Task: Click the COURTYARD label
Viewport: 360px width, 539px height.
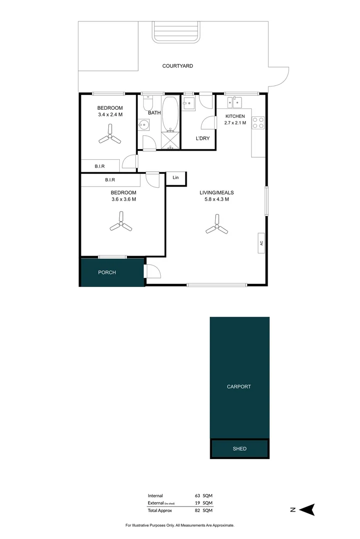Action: click(178, 66)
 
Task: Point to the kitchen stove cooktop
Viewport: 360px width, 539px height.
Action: click(258, 122)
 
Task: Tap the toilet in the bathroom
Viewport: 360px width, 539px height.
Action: click(147, 103)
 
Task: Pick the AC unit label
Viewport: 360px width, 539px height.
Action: click(261, 244)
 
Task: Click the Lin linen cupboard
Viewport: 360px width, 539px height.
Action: click(175, 178)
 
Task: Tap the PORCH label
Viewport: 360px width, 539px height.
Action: click(107, 272)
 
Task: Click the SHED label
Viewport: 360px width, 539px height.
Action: click(240, 449)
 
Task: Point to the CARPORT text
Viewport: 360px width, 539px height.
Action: click(239, 387)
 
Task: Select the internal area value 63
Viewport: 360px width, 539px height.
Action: click(198, 496)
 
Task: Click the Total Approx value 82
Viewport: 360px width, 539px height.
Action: click(198, 511)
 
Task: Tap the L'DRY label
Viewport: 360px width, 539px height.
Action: click(202, 138)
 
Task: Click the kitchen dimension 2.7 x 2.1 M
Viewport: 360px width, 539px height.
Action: click(235, 123)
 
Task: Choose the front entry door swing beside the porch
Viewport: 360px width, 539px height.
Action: click(151, 271)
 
